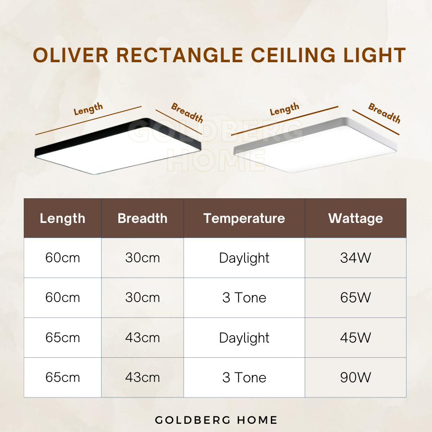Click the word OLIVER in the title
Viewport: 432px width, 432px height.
(70, 55)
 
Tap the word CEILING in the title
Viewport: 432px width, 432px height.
(293, 55)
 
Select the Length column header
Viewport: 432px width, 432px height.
(63, 219)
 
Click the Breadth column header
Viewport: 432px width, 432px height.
(143, 219)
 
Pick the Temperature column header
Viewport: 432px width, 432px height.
(244, 219)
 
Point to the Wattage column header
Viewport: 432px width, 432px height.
(356, 219)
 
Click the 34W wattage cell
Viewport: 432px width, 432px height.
(356, 258)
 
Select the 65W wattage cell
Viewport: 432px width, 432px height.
(356, 298)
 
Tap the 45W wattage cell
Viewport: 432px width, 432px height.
(356, 337)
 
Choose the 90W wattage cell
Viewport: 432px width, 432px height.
(356, 378)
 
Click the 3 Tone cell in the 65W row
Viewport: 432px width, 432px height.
(244, 298)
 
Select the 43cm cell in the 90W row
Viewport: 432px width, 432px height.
(143, 378)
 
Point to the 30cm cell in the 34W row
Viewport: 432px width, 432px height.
(143, 258)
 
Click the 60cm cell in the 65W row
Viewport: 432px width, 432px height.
(63, 298)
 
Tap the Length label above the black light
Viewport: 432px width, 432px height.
(89, 109)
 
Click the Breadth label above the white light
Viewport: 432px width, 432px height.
(384, 113)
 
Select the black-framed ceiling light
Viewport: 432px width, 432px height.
(118, 146)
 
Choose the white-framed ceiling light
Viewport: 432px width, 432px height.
(315, 145)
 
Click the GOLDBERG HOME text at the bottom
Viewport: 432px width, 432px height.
(216, 420)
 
